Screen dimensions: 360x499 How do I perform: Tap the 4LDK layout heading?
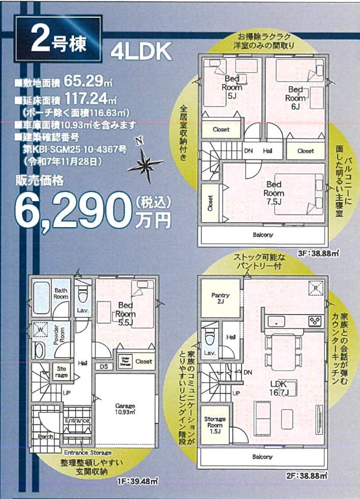click(141, 51)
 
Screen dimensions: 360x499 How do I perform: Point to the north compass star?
click(145, 164)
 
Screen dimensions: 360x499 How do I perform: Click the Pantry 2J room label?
click(220, 298)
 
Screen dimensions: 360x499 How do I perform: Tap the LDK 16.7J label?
click(279, 388)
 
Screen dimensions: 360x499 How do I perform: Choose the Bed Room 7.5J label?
click(274, 193)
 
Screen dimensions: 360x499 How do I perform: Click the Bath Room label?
click(61, 293)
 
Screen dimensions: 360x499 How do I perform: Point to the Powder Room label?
click(59, 335)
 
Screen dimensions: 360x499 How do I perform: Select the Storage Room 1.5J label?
click(215, 425)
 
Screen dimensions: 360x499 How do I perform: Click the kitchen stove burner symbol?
click(315, 321)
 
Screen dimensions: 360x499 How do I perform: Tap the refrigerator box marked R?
click(316, 288)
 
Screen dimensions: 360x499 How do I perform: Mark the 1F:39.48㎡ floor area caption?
click(138, 481)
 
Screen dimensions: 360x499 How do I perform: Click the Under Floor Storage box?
click(126, 361)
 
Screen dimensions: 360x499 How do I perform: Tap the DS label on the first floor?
click(104, 366)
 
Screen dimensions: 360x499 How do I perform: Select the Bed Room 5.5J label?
click(126, 314)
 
